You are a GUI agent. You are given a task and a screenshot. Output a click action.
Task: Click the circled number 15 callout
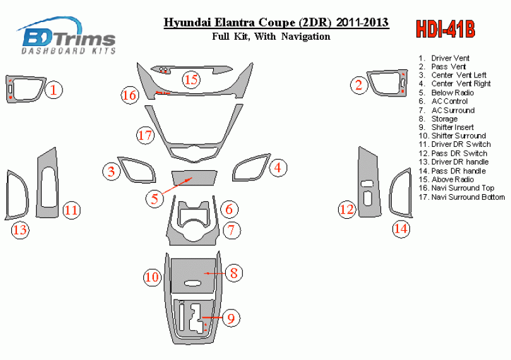coord(191,79)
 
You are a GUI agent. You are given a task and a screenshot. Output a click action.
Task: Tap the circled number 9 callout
coord(231,318)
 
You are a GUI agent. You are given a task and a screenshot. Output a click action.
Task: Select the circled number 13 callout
coord(20,230)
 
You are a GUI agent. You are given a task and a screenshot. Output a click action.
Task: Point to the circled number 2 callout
coord(359,85)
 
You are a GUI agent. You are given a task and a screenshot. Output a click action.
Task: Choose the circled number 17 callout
coord(145,135)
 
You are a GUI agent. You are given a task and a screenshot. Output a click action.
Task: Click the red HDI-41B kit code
coord(445,30)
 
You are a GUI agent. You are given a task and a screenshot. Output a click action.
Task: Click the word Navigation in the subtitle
coord(306,36)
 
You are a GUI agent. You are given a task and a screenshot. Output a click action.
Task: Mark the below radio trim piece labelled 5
coord(194,178)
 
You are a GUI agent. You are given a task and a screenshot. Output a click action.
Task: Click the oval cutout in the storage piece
coord(193,284)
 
